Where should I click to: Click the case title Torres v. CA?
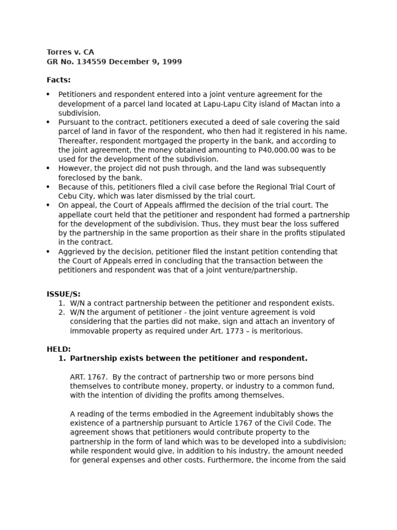point(70,52)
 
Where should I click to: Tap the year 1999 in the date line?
point(172,62)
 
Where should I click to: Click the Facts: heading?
point(58,80)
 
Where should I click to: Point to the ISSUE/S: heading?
point(64,294)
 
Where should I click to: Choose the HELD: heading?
point(58,349)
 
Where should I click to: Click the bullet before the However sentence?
point(48,169)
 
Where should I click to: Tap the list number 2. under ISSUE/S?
point(62,313)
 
